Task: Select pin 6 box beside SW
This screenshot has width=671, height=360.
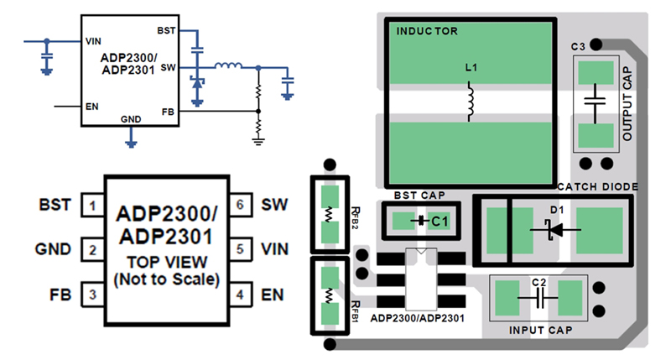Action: [x=242, y=205]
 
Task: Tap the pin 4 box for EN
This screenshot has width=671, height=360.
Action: [x=242, y=295]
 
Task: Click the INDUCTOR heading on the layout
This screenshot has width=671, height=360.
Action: [x=427, y=31]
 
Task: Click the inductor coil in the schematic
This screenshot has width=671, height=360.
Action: [x=227, y=66]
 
